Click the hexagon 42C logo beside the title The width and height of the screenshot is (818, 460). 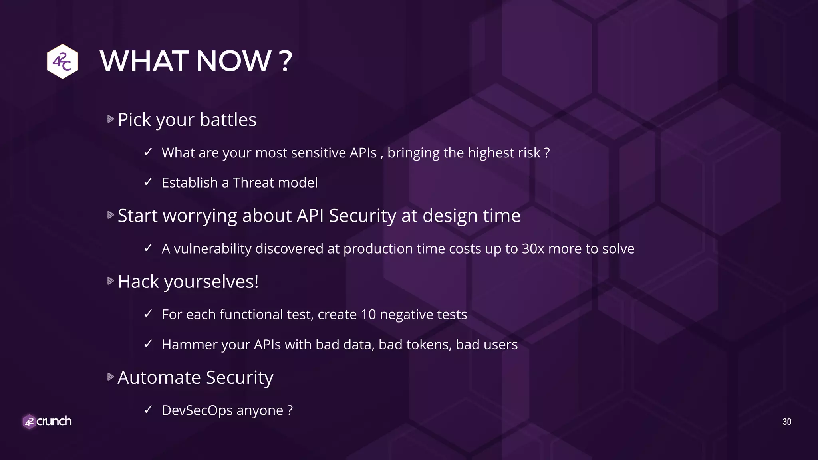(62, 61)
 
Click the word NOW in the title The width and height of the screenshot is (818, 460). (234, 61)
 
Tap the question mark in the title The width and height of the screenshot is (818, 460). (286, 61)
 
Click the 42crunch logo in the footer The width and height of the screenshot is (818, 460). (47, 421)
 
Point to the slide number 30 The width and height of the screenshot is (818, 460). (786, 422)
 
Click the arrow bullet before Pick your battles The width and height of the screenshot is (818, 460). (111, 119)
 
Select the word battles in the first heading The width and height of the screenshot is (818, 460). (228, 119)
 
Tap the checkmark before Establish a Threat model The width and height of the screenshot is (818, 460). (148, 182)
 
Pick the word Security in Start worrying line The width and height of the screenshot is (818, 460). (362, 216)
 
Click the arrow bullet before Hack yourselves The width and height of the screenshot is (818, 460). (111, 281)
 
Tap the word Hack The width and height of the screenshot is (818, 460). (138, 281)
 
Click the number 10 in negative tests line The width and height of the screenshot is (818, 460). (368, 314)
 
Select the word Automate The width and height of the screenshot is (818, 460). (159, 377)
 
